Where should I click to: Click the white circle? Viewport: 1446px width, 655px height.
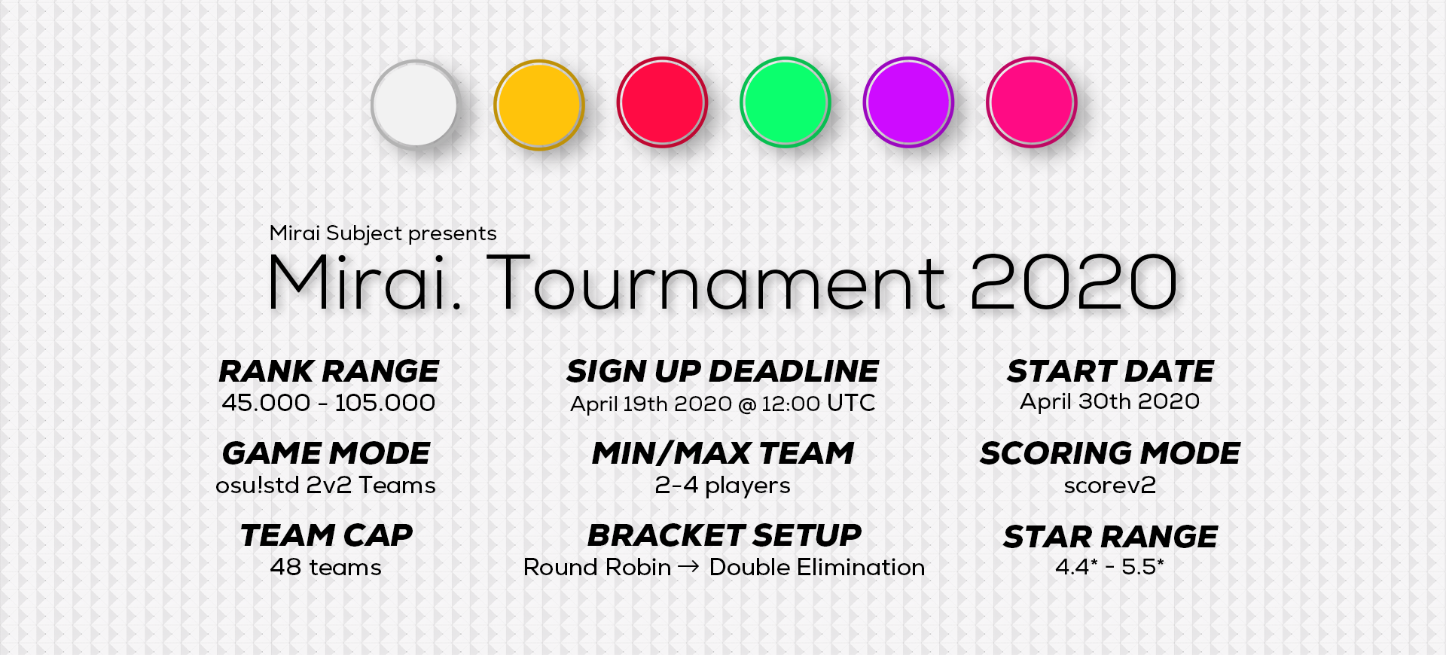pos(415,104)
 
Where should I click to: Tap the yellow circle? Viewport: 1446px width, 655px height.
pos(538,104)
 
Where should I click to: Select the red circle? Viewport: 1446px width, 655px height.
pos(662,102)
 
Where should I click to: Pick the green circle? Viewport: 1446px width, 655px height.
pos(785,102)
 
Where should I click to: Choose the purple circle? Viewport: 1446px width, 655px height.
pos(908,102)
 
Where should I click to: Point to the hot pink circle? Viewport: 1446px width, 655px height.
pos(1031,102)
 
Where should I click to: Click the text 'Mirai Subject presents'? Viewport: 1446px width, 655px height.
pos(383,233)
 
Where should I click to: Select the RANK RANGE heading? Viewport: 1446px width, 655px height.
pos(328,371)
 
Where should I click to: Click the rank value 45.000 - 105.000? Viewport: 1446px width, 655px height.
pos(328,403)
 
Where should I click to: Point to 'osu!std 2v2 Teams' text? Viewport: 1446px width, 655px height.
pos(325,485)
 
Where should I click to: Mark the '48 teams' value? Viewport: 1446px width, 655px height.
pos(325,567)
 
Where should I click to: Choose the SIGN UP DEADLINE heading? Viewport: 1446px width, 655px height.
pos(722,371)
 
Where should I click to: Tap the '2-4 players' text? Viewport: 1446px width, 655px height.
pos(722,486)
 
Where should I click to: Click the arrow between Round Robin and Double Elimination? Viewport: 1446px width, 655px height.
pos(688,567)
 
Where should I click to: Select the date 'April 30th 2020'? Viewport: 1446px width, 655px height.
pos(1109,402)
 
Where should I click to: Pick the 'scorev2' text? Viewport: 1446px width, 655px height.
pos(1109,486)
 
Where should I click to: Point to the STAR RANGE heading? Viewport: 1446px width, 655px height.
pos(1110,537)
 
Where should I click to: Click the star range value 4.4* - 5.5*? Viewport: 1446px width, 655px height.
pos(1109,566)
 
